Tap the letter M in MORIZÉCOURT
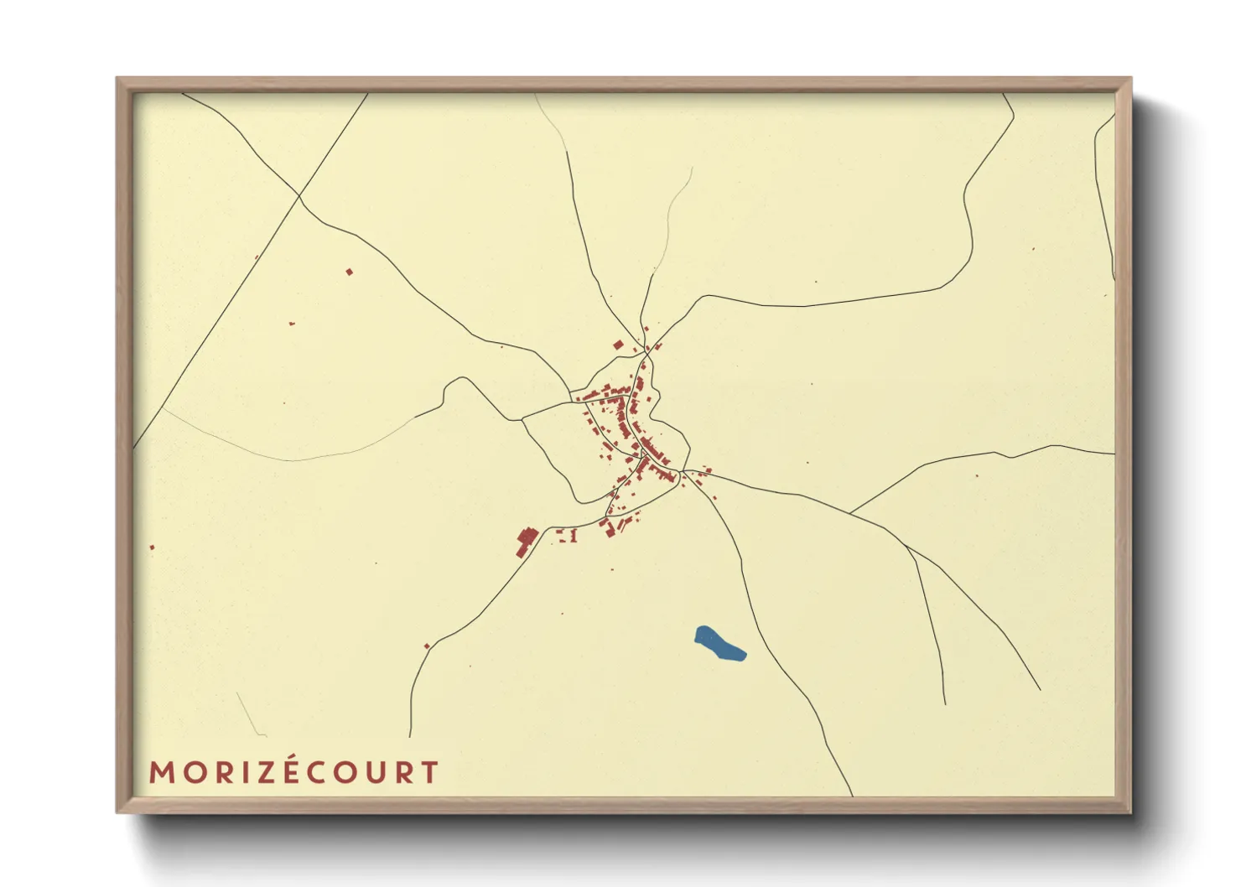161,772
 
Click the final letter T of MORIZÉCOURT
430,772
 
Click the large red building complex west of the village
526,540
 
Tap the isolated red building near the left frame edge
152,547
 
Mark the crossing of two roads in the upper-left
299,196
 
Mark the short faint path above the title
249,714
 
